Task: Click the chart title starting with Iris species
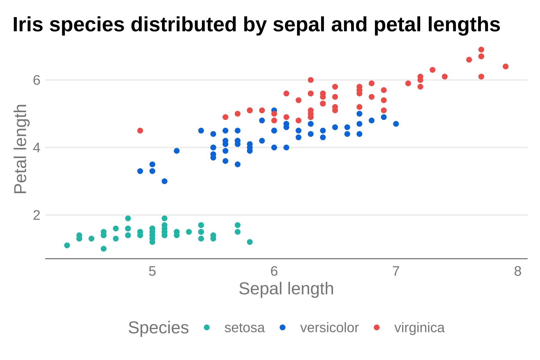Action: tap(256, 25)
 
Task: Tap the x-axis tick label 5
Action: tap(152, 271)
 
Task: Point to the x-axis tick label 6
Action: tap(274, 271)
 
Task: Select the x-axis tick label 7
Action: tap(396, 271)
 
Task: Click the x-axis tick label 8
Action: tap(517, 271)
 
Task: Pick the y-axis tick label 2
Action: tap(37, 215)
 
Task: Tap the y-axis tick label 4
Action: tap(37, 148)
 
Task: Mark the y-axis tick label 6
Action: tap(37, 80)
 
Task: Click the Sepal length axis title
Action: tap(286, 289)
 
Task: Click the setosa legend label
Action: tap(244, 328)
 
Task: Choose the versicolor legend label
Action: tap(329, 328)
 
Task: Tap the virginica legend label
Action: tap(419, 328)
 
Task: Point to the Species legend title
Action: tap(158, 328)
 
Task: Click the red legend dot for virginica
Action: tap(377, 327)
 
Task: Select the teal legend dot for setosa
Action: tap(207, 327)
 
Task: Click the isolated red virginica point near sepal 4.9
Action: tap(140, 130)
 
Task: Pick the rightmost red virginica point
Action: tap(505, 66)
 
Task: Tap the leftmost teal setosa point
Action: tap(67, 245)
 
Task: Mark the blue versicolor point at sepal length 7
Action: tap(396, 124)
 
